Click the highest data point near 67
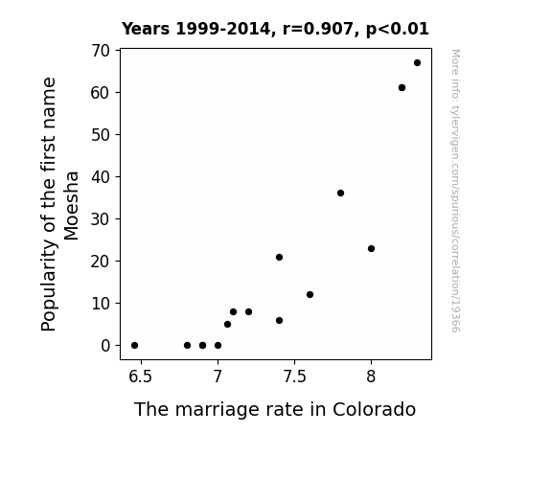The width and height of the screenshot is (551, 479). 417,63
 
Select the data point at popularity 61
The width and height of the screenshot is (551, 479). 402,87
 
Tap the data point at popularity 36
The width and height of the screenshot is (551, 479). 340,193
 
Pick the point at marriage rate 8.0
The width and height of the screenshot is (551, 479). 371,248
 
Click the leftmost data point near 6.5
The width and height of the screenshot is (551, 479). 134,346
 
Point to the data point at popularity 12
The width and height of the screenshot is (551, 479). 310,294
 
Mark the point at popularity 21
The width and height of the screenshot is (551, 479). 280,258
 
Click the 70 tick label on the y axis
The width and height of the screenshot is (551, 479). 101,51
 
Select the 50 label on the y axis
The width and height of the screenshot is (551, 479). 101,135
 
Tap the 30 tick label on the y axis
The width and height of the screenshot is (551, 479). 101,219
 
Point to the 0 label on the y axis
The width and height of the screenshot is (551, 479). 105,346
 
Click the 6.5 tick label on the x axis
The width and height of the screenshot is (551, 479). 140,376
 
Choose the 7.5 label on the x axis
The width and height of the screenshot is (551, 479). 294,376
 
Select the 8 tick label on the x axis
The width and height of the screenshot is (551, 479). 371,376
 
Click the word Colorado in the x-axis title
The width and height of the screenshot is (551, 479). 374,409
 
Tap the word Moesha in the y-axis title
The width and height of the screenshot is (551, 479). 71,206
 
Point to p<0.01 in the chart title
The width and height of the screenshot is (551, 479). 398,29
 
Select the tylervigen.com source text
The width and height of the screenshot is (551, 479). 455,191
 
